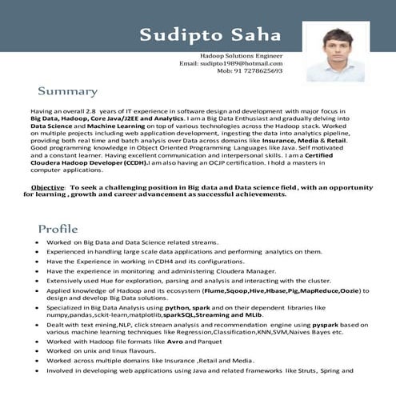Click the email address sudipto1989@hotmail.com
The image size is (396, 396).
point(230,62)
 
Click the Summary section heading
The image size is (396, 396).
point(67,92)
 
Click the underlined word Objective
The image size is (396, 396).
point(47,186)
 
